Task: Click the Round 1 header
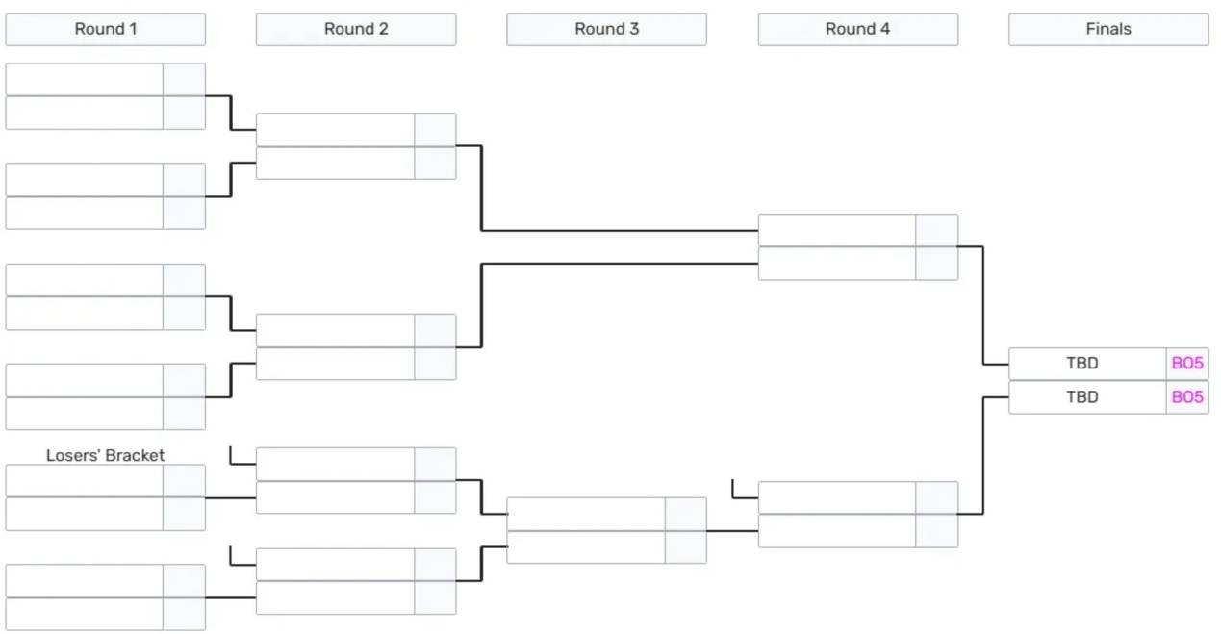tap(106, 29)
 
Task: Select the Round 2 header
tap(356, 29)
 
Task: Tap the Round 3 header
tap(607, 29)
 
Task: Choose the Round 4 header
tap(858, 29)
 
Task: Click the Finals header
tap(1108, 29)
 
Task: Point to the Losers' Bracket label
tap(105, 455)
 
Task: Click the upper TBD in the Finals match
tap(1082, 363)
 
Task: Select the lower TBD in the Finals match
tap(1082, 397)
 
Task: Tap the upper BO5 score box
tap(1187, 364)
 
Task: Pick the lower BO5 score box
tap(1187, 397)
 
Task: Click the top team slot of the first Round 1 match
tap(85, 80)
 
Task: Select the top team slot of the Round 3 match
tap(586, 514)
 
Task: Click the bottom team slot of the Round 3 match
tap(586, 546)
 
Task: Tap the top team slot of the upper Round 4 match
tap(837, 230)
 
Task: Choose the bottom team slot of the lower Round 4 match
tap(837, 531)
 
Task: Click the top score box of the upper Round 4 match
tap(937, 230)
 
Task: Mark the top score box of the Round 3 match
tap(686, 514)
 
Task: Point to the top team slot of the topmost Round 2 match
tap(335, 130)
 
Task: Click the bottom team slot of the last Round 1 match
tap(85, 614)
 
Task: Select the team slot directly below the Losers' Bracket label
tap(85, 481)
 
